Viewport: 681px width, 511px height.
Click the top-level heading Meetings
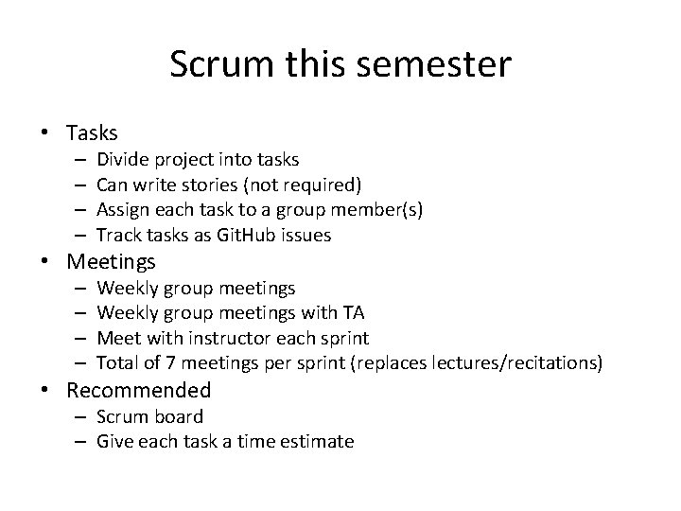pyautogui.click(x=112, y=261)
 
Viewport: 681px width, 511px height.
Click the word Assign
pyautogui.click(x=122, y=210)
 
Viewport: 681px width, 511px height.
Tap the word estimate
pyautogui.click(x=316, y=441)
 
